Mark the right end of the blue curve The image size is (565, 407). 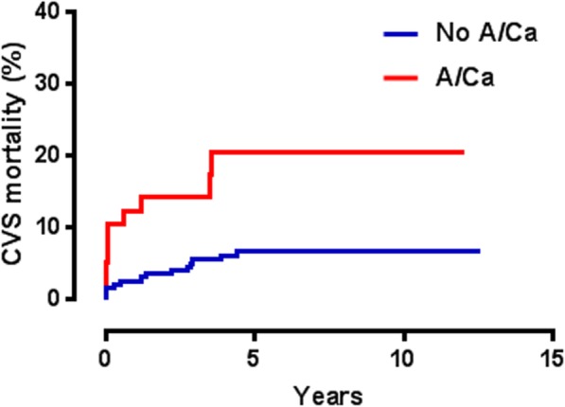coord(479,251)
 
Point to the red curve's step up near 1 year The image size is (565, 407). coord(140,203)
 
